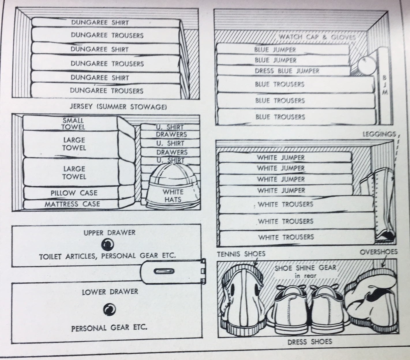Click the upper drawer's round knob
click(x=108, y=245)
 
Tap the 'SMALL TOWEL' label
click(x=74, y=124)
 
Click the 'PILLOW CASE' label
click(x=74, y=193)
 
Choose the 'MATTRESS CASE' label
click(x=72, y=204)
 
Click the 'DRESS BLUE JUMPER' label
click(x=287, y=71)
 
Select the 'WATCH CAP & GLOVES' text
click(x=317, y=37)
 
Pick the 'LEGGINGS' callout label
click(x=379, y=134)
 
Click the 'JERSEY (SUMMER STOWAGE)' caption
click(x=118, y=107)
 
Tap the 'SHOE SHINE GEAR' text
click(x=305, y=267)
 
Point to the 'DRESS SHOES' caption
click(x=310, y=342)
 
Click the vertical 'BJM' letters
click(x=385, y=85)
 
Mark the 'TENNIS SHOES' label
click(x=241, y=254)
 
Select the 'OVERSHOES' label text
click(x=379, y=252)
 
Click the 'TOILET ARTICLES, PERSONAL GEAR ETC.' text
click(x=108, y=256)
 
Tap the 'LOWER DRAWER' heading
click(x=110, y=292)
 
